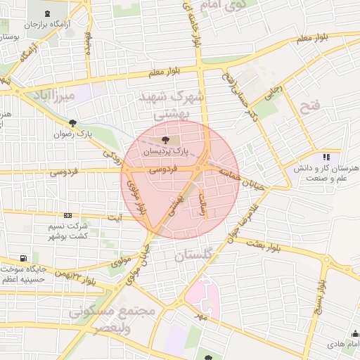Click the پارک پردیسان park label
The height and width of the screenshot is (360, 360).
pyautogui.click(x=166, y=151)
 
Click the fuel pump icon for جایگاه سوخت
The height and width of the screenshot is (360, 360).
pyautogui.click(x=25, y=258)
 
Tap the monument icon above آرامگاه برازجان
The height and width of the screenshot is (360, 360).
pyautogui.click(x=47, y=14)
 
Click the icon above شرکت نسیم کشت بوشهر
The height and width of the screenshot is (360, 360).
pyautogui.click(x=67, y=216)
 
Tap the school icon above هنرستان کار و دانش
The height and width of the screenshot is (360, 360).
pyautogui.click(x=326, y=157)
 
